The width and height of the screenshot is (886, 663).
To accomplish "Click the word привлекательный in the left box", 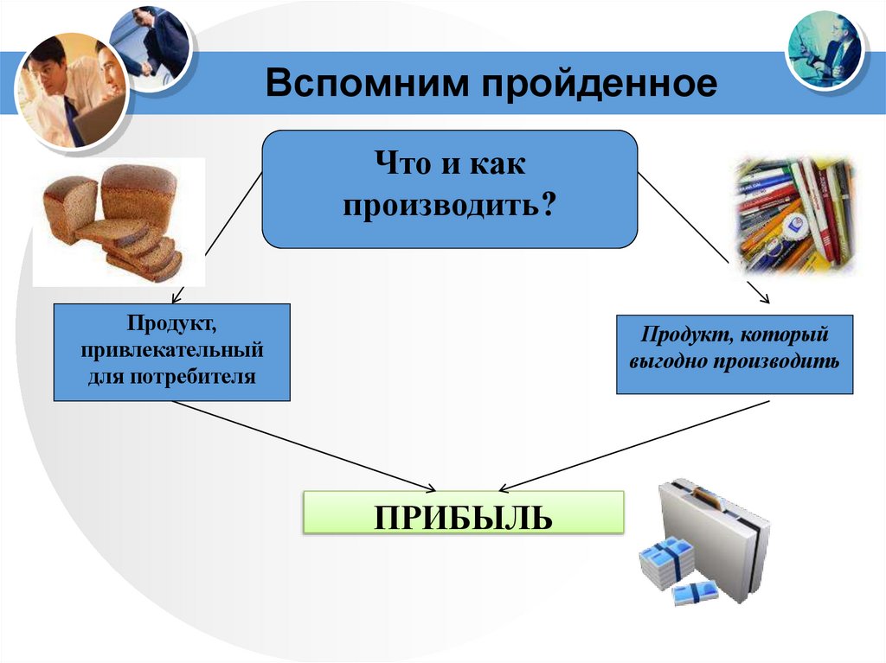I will (171, 352).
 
